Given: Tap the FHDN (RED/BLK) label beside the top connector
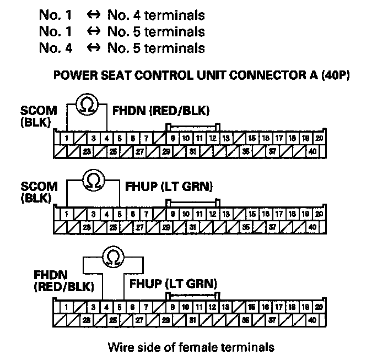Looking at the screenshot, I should click(160, 111).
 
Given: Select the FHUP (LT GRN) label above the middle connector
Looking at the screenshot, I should click(170, 187).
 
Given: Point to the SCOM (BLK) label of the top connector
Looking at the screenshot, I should click(36, 116).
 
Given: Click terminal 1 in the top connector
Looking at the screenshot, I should click(66, 138).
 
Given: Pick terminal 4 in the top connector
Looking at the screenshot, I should click(106, 138).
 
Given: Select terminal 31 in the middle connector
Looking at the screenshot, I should click(193, 226).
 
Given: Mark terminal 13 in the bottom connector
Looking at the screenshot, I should click(225, 306).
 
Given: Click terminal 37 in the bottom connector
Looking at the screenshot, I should click(273, 319).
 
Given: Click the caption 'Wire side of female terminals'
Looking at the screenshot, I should click(191, 347).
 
